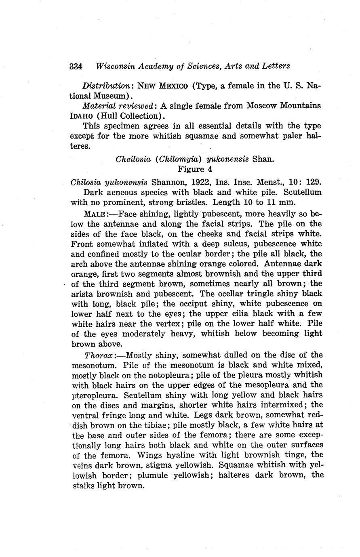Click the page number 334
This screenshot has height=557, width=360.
pyautogui.click(x=76, y=66)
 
